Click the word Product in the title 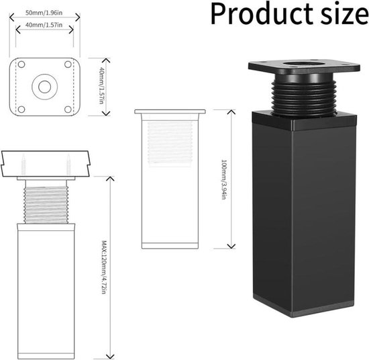coord(262,14)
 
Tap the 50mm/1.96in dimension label coord(44,13)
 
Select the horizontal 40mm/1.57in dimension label coord(44,25)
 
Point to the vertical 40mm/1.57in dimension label coord(101,85)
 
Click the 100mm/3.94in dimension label coord(224,179)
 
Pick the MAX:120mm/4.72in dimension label coord(104,267)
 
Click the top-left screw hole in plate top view coord(21,64)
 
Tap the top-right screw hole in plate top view coord(68,64)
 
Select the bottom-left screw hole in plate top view coord(21,109)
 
